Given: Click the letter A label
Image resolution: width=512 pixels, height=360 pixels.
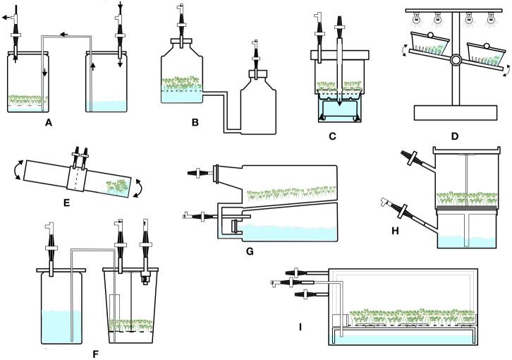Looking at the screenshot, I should [x=48, y=122].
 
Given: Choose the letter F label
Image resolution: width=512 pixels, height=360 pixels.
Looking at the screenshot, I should [x=96, y=352].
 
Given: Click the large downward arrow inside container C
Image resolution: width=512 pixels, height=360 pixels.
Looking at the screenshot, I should [x=339, y=100].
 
